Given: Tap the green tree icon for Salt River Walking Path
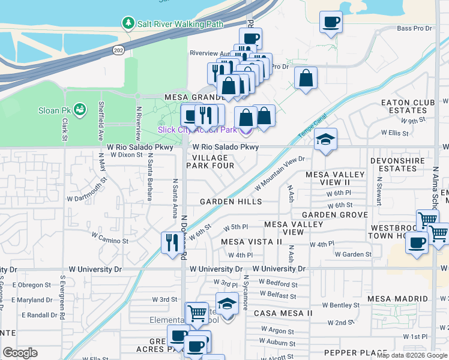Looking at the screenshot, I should click(128, 23).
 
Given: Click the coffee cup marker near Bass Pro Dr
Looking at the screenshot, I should click(331, 23).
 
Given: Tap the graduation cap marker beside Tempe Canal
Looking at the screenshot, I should click(325, 140).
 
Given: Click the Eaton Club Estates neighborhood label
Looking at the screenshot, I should click(408, 106).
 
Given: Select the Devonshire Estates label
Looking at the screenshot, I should click(402, 164).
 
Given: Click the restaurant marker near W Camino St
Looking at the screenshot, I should click(172, 242).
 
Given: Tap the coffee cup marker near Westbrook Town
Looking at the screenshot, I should click(417, 243).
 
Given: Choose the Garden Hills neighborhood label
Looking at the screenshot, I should click(231, 202).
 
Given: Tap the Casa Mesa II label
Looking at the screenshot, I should click(283, 313).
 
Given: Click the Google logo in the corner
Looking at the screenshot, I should click(20, 353).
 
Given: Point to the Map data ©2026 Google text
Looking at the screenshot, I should click(412, 355).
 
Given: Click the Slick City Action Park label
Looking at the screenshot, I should click(197, 130).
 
